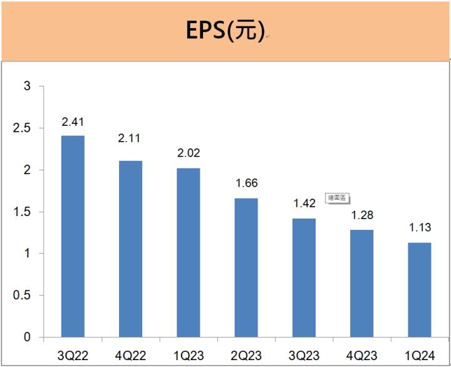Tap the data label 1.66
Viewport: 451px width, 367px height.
(246, 184)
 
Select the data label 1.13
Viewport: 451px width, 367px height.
(419, 228)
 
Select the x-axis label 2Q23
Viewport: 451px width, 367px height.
(246, 356)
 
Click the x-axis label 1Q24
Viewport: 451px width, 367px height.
(419, 356)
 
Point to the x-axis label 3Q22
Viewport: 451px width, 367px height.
(73, 356)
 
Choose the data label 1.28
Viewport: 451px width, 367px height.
(361, 215)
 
